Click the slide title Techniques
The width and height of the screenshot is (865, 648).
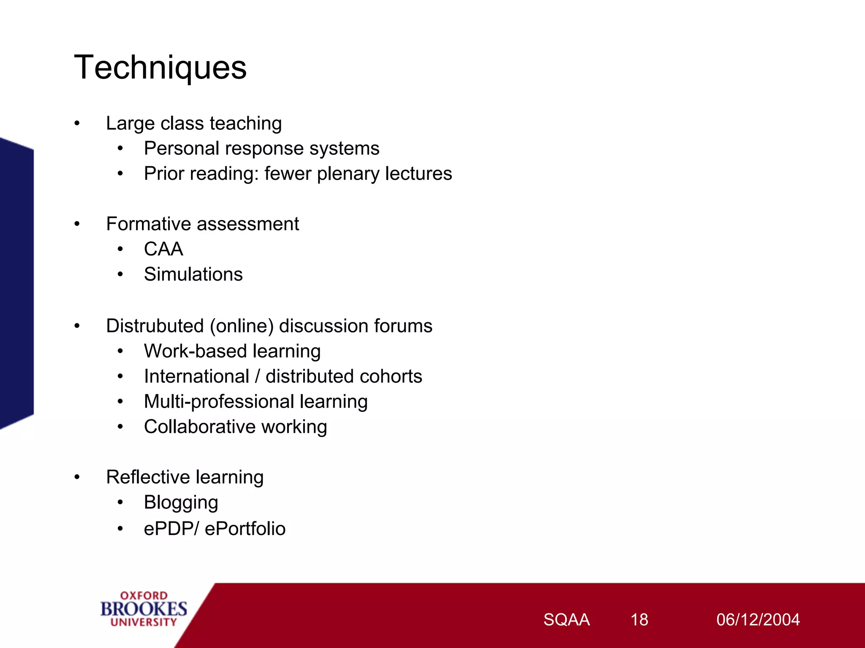(160, 67)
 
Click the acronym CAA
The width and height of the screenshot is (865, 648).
(163, 249)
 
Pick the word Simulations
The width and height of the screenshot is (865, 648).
(193, 274)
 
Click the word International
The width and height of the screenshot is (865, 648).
(196, 376)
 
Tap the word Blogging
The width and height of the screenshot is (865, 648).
(181, 503)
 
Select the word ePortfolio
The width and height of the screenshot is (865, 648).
(245, 529)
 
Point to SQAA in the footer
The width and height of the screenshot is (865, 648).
(566, 620)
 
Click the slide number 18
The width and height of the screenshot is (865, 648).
(639, 620)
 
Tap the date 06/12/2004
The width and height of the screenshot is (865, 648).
(758, 620)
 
